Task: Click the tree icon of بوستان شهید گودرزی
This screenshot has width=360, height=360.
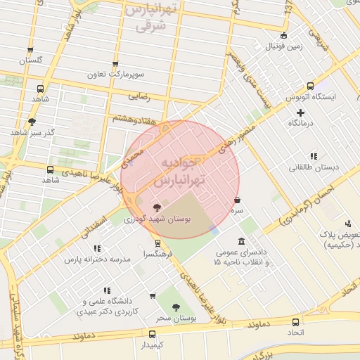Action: (156, 207)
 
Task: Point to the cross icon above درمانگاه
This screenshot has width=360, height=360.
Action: (300, 112)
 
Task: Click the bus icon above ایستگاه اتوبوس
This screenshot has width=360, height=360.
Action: (289, 85)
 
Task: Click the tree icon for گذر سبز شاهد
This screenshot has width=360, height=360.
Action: (32, 121)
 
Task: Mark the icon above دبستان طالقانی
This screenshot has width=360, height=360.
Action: (313, 156)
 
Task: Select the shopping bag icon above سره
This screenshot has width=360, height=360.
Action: (237, 199)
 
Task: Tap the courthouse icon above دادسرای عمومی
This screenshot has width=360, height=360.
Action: (241, 241)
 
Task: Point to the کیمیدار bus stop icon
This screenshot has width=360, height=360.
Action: (152, 334)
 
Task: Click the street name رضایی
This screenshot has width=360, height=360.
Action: (139, 94)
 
